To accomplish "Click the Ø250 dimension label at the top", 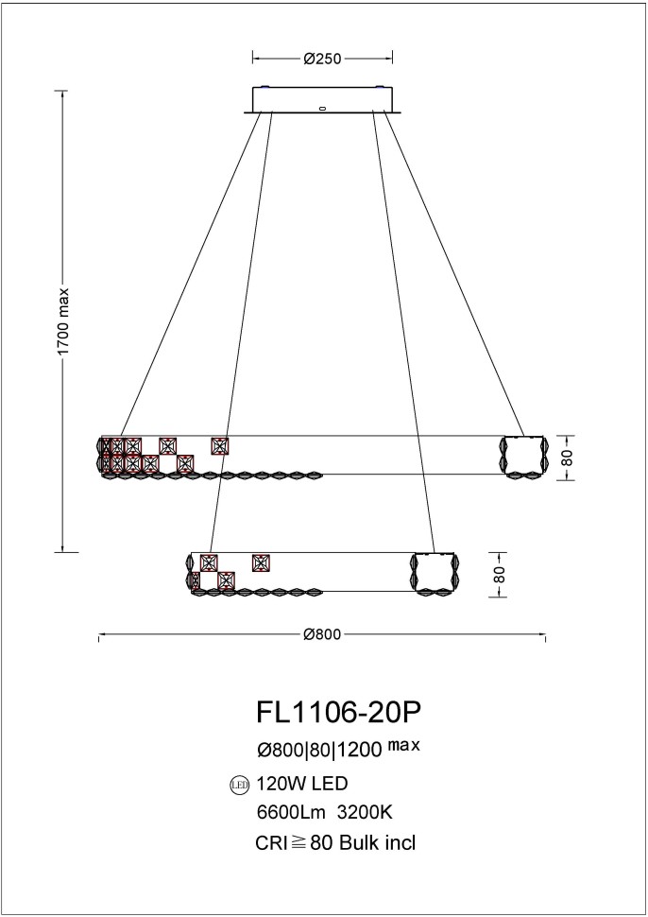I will click(322, 59).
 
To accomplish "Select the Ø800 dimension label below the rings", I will click(322, 634).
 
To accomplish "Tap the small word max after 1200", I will click(403, 745).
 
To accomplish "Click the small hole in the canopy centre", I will click(322, 108).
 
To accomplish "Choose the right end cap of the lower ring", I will click(435, 574).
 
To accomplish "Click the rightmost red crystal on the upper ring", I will click(220, 445).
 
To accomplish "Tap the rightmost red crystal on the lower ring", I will click(262, 562).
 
